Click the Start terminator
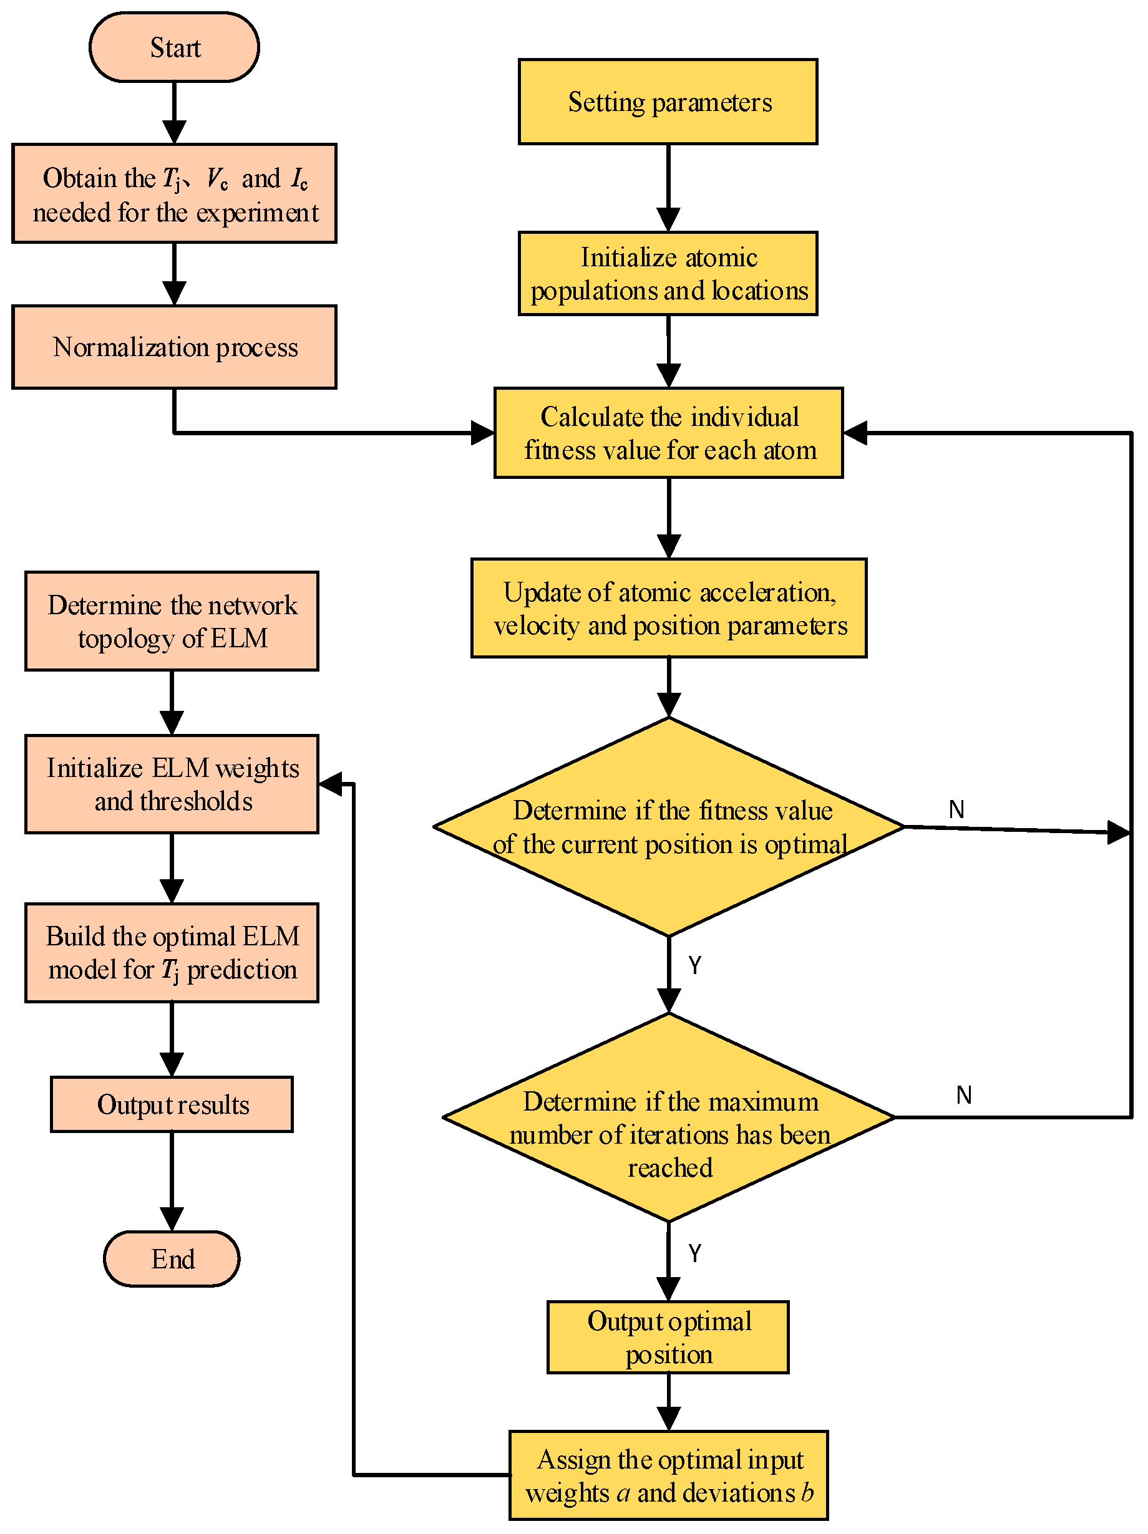click(174, 47)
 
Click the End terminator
click(172, 1258)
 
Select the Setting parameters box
click(668, 102)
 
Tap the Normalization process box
click(174, 347)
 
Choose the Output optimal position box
click(668, 1337)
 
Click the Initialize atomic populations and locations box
click(668, 273)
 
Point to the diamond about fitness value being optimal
click(668, 827)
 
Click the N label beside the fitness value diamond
click(956, 809)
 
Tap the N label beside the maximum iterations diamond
click(963, 1095)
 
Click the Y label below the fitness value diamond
click(694, 965)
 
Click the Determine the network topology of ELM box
click(172, 620)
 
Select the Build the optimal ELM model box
click(172, 952)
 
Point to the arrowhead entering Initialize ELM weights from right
click(330, 784)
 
